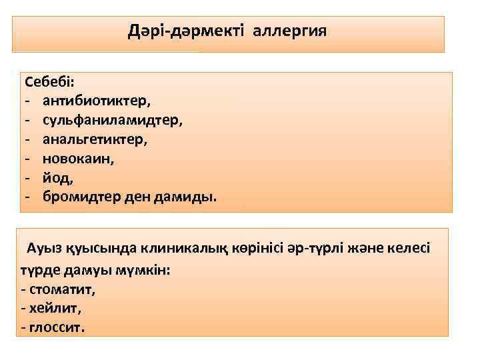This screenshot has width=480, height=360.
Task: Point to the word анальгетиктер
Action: (95, 140)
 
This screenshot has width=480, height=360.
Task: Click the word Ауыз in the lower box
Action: (44, 249)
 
